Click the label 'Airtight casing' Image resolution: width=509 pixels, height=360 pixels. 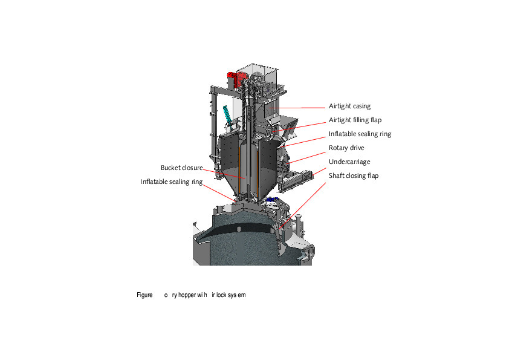349,106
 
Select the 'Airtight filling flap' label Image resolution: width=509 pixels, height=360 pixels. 355,120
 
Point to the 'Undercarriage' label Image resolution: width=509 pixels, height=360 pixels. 349,162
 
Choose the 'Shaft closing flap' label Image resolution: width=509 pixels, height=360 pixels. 354,175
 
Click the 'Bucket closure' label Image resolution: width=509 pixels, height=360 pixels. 181,168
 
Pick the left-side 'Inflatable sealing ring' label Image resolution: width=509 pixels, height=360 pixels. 171,182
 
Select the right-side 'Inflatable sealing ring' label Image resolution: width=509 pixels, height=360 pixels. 360,134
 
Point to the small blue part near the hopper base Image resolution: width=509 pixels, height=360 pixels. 270,199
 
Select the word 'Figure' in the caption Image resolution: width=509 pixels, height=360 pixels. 144,295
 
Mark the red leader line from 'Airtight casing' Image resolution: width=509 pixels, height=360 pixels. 302,107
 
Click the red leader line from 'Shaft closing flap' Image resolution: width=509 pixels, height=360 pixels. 308,200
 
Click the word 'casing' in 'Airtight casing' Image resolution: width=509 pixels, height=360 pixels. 361,106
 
